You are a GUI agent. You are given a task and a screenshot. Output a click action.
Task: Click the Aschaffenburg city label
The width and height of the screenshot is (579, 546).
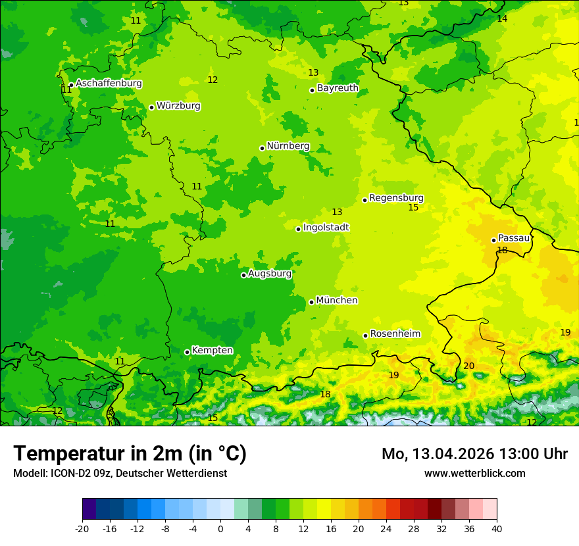point(109,84)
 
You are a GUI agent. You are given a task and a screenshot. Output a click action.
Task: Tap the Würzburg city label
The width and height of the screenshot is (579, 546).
point(178,106)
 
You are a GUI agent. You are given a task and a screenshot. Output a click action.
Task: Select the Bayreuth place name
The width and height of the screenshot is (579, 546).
point(338,88)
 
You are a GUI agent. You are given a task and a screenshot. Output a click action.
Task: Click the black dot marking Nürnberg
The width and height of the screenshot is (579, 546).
point(262,148)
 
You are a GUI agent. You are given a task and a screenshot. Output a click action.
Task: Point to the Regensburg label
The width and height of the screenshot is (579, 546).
point(396,198)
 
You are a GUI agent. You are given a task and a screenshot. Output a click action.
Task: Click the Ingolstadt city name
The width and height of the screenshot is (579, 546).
point(326,228)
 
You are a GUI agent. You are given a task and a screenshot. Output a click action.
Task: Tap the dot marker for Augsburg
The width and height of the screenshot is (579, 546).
point(243,275)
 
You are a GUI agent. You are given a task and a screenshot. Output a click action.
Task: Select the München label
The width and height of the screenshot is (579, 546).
point(337,301)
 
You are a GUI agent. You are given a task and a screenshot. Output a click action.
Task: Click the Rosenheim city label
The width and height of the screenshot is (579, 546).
point(395,334)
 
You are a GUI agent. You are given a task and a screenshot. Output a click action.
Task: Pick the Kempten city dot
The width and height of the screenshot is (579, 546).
point(187,352)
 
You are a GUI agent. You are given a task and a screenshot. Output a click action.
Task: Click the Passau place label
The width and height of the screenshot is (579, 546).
point(514,238)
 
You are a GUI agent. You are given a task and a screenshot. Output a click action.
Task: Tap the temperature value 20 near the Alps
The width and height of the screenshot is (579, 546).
point(468,366)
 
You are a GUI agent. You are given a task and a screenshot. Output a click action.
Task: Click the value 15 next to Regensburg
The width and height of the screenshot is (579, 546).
point(413,208)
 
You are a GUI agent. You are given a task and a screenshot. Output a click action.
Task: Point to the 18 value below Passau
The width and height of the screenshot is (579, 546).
point(502,251)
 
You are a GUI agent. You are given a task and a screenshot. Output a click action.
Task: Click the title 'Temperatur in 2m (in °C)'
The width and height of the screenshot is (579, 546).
point(130,454)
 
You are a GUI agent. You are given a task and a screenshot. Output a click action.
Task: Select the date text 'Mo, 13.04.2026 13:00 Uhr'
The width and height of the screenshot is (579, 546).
point(474,454)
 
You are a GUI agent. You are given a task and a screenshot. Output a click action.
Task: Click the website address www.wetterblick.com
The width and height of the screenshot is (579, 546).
point(474,474)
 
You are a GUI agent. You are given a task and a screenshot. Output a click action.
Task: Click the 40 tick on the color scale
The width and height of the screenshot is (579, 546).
point(497,528)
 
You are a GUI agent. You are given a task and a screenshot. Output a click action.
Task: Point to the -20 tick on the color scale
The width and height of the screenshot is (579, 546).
point(82,528)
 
